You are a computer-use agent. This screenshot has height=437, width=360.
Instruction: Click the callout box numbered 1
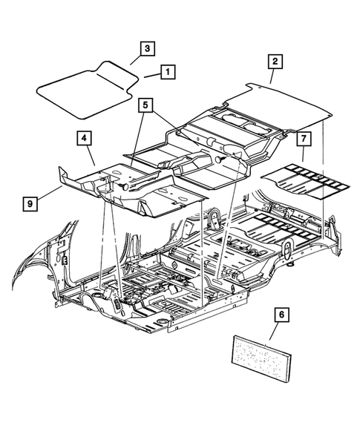[168, 72]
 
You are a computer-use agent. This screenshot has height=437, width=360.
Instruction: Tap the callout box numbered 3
[147, 48]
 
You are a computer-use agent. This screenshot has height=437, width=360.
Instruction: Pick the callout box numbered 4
[82, 137]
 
